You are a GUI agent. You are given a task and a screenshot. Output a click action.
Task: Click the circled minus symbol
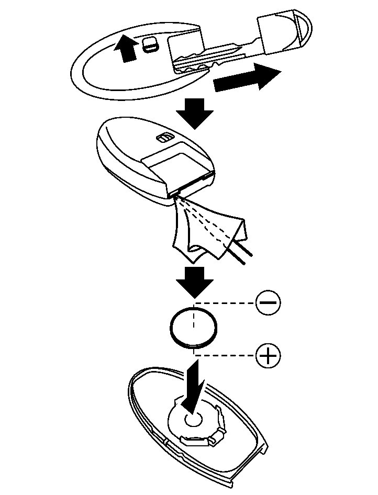click(268, 302)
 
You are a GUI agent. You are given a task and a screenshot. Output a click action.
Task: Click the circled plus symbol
click(268, 356)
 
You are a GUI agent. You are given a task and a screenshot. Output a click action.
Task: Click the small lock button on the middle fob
click(163, 138)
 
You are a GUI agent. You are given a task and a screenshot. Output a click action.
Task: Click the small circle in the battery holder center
click(193, 419)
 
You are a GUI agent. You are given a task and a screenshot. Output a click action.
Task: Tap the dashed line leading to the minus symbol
click(225, 302)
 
